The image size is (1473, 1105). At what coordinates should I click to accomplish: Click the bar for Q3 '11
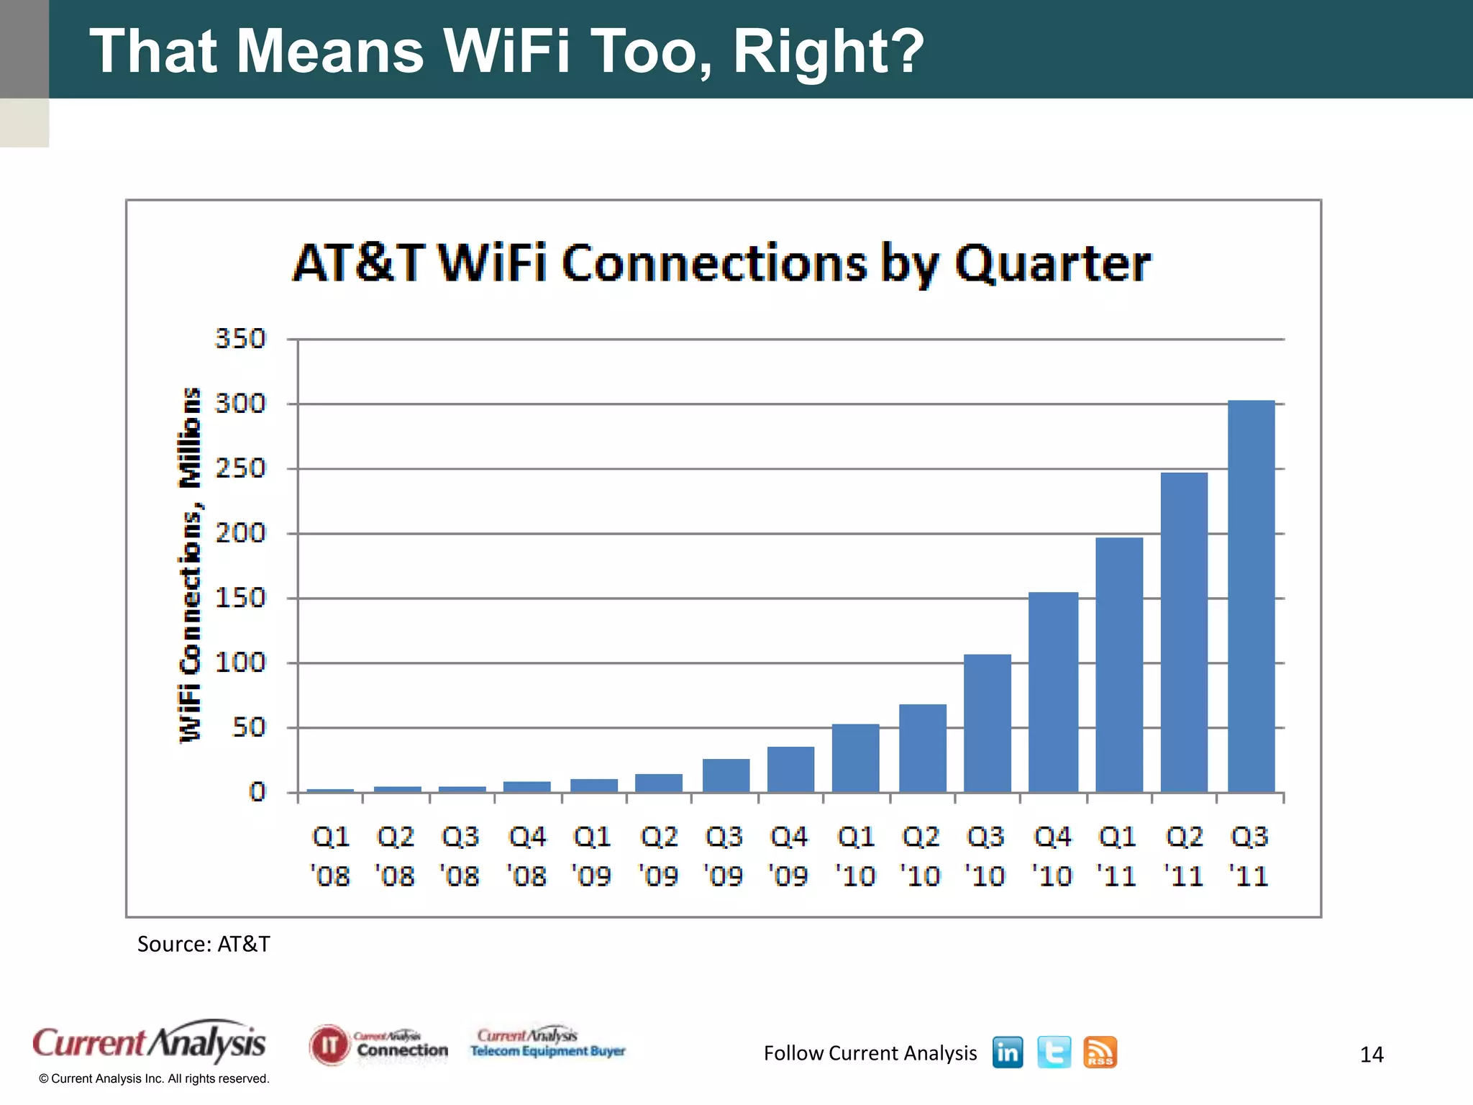1251,597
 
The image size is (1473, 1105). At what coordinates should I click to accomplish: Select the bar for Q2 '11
1184,633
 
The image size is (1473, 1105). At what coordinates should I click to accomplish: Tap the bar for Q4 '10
1053,692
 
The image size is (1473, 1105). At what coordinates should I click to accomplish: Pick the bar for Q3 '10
987,723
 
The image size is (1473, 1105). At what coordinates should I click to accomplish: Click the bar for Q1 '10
855,758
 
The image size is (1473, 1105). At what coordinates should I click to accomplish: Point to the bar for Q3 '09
726,776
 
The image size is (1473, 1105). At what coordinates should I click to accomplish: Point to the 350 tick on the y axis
240,339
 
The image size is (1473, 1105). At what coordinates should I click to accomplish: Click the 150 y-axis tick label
240,598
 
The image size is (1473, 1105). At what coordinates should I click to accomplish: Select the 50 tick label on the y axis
249,727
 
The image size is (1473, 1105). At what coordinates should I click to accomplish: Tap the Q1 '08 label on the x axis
331,856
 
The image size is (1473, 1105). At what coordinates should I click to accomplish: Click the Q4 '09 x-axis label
789,856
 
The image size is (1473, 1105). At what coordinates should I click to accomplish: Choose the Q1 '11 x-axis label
1117,856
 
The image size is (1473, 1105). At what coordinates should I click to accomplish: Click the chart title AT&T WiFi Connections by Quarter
721,263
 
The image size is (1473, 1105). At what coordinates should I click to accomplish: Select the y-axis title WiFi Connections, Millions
190,565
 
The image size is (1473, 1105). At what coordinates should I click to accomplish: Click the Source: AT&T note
204,944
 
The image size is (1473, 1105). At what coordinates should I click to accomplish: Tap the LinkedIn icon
1007,1052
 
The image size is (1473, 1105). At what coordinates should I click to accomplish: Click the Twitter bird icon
1054,1052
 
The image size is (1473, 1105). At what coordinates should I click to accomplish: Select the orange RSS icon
1100,1052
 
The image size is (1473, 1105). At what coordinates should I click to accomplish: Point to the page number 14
1372,1055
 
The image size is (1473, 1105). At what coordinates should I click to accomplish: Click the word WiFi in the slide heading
506,51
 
